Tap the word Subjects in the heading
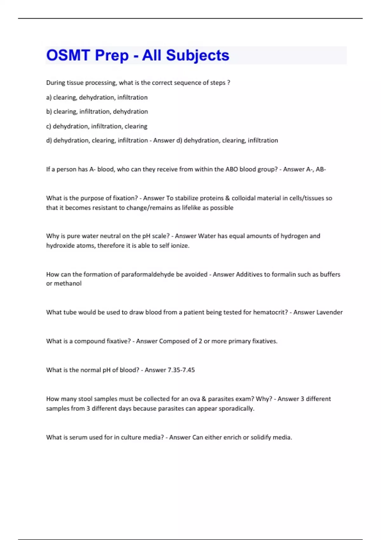point(197,55)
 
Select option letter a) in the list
point(49,98)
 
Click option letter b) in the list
point(49,111)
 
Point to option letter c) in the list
point(49,126)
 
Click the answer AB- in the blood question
point(321,169)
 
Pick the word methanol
point(68,283)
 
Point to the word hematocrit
point(270,312)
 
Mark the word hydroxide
point(60,246)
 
